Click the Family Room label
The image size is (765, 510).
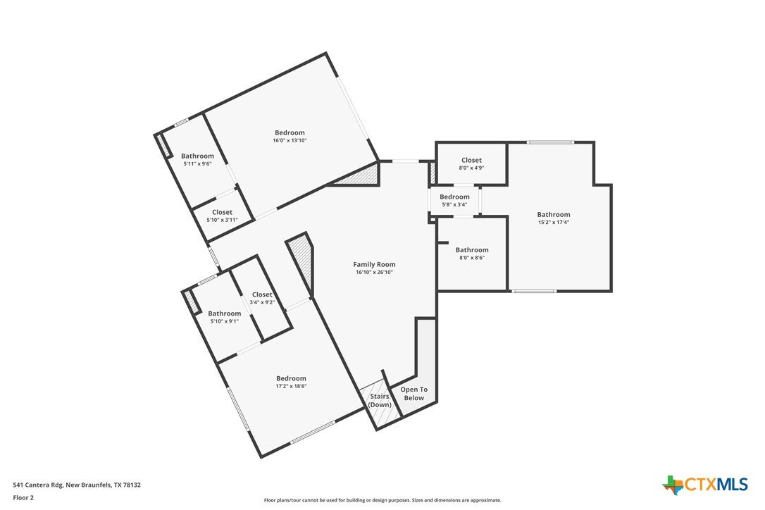(x=374, y=265)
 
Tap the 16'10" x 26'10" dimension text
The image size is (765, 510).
(x=374, y=273)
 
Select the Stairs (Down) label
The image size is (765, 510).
(x=380, y=400)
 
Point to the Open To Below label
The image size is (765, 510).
(x=413, y=393)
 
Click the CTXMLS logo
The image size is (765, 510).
(x=705, y=485)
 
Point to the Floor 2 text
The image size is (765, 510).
(x=23, y=498)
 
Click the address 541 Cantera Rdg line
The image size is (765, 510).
(x=77, y=485)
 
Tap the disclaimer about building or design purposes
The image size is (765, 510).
(x=382, y=500)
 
